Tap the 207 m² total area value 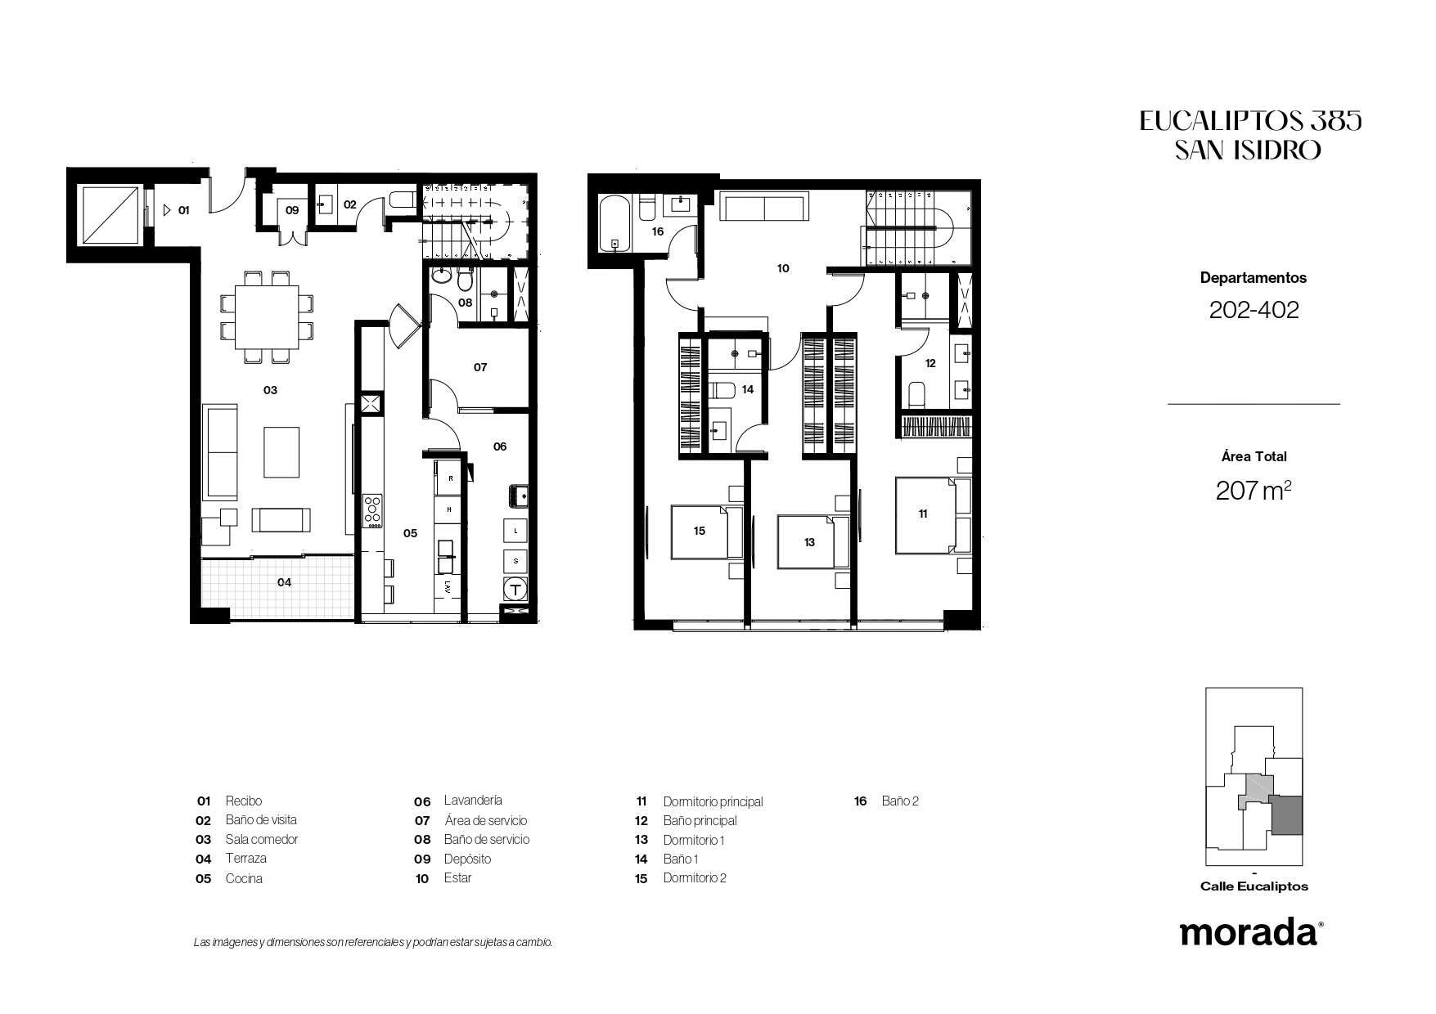(1254, 490)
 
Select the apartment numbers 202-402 (1254, 310)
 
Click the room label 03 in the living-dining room (270, 390)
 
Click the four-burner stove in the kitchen (373, 510)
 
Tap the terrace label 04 (284, 583)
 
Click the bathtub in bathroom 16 (614, 222)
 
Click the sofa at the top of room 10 (764, 208)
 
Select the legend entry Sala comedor (262, 839)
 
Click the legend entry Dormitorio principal (713, 801)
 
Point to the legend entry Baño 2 (900, 801)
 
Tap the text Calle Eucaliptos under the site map (1254, 886)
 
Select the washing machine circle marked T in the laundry (515, 589)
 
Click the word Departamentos (1254, 278)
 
